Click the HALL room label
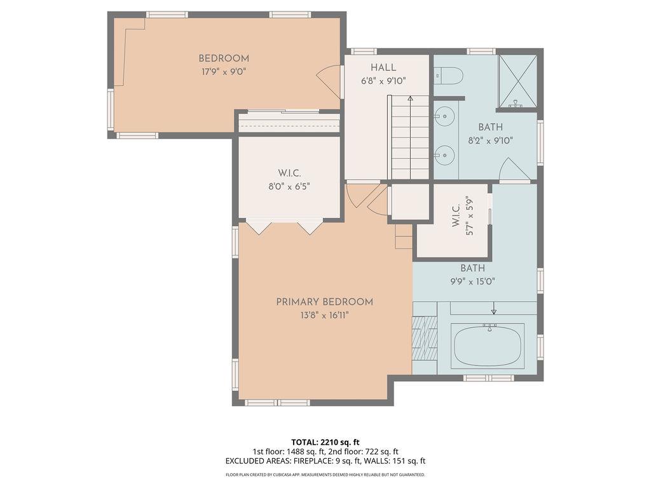pos(383,67)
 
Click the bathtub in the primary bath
pos(488,346)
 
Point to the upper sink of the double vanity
pos(445,116)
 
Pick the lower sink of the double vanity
pos(445,154)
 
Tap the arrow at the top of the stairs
pos(410,99)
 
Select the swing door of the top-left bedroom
pos(329,81)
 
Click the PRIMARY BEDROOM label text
pos(324,302)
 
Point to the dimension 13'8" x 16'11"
pos(324,315)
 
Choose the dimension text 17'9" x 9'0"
pos(223,72)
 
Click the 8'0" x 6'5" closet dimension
pos(289,186)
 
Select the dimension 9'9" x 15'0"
pos(472,281)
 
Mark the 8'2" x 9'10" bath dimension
pos(490,140)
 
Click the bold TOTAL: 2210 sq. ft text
pos(325,442)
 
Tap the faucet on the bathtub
pos(489,327)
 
